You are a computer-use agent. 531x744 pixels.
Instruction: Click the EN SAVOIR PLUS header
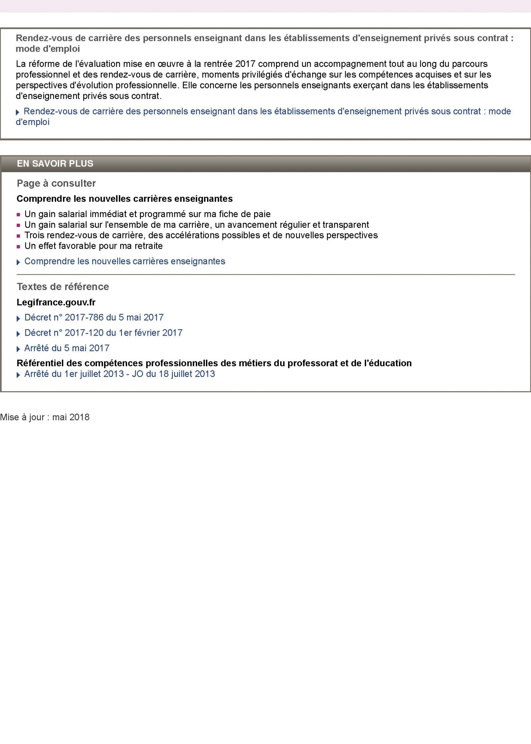tap(55, 164)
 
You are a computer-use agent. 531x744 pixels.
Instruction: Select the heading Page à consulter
tap(56, 183)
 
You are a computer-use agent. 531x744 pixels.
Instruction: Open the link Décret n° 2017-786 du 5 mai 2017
tap(94, 317)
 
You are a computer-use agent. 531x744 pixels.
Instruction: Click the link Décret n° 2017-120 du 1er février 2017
tap(103, 333)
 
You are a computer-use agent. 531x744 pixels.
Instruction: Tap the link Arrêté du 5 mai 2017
tap(67, 348)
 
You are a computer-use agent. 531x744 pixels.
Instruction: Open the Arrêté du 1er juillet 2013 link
tap(120, 374)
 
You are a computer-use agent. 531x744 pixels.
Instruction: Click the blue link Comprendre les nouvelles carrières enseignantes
tap(125, 262)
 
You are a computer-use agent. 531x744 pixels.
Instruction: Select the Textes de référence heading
tap(63, 287)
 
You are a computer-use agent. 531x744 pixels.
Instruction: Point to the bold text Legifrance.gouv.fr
tap(56, 303)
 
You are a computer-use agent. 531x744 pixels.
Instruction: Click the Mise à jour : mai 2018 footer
tap(45, 417)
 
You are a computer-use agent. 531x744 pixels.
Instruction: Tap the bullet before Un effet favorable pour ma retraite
tap(19, 247)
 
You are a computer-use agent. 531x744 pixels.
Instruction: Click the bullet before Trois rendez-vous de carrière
tap(19, 236)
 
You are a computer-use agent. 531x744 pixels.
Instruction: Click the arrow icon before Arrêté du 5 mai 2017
tap(18, 349)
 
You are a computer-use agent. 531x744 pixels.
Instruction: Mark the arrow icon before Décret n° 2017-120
tap(18, 334)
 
